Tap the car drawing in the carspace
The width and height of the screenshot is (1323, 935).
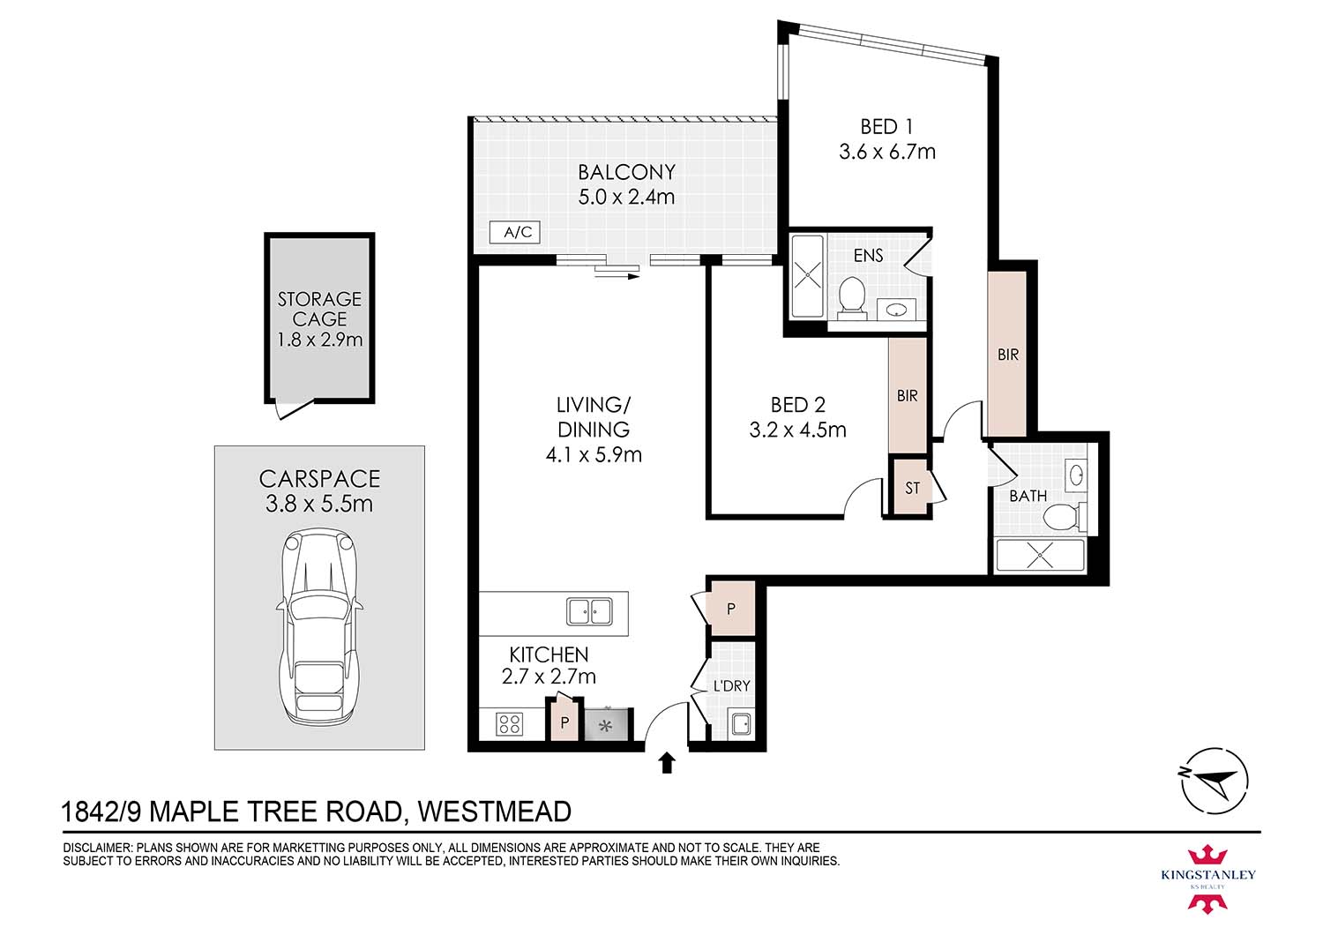319,626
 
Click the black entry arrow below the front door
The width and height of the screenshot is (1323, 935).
667,762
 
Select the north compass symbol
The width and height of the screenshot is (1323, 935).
1215,780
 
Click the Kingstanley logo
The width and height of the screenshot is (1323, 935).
1207,877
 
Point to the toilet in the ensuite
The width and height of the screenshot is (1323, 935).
851,295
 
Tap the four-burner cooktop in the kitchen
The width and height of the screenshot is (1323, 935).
510,724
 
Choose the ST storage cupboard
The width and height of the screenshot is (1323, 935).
911,487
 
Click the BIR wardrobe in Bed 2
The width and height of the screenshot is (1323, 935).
908,395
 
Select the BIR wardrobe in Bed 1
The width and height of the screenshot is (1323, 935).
1007,354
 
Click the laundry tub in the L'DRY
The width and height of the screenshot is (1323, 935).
740,724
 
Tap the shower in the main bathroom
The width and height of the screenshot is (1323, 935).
1040,557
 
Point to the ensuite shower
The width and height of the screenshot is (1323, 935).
807,275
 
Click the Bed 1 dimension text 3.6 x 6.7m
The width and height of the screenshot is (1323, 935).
886,152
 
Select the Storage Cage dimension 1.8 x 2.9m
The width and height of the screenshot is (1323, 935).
319,340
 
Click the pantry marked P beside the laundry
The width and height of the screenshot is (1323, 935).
731,609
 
